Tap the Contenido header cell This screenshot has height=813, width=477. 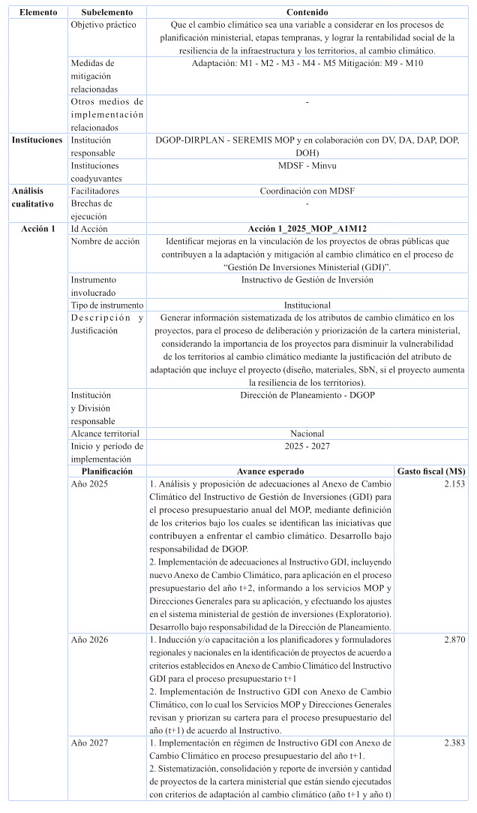[307, 13]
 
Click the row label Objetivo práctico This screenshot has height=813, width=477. [104, 25]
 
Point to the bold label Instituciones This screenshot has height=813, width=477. [37, 140]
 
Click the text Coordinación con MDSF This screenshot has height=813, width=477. [307, 191]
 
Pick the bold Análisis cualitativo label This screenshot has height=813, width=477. [32, 197]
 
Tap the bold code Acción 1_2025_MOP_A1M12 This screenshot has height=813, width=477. [307, 228]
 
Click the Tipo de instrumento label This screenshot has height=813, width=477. [107, 306]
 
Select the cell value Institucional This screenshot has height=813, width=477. [307, 306]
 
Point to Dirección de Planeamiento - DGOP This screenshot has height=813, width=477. [307, 395]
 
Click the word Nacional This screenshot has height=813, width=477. [307, 433]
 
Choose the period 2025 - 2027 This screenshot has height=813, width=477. [307, 446]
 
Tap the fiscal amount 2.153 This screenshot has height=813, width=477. [454, 484]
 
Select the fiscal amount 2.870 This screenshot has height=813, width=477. [454, 640]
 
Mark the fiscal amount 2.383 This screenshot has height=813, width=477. [454, 742]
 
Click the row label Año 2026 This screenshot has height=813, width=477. [89, 640]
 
